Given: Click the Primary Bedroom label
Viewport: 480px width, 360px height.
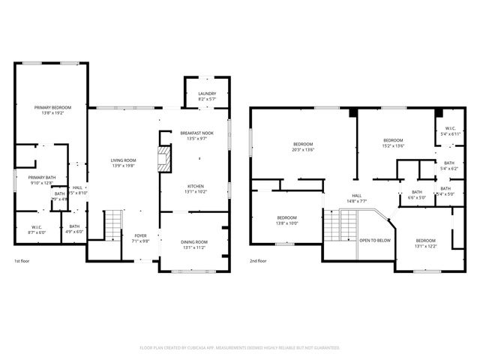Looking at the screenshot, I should click(52, 109).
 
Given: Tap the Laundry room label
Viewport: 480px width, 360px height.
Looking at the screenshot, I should click(206, 97).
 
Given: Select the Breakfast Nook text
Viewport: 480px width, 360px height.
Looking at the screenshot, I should click(196, 135).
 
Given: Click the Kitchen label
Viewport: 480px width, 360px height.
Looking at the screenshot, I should click(196, 188).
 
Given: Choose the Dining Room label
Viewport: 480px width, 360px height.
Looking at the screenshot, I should click(193, 244).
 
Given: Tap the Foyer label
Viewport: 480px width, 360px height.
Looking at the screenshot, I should click(141, 238).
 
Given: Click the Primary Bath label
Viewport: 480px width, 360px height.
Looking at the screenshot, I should click(41, 179).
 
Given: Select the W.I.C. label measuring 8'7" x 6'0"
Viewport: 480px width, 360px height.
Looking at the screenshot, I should click(37, 229).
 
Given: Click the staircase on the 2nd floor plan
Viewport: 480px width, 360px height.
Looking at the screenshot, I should click(347, 223).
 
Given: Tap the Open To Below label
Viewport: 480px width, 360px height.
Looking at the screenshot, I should click(374, 241).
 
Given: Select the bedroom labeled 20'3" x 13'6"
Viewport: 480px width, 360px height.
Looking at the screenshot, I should click(303, 146).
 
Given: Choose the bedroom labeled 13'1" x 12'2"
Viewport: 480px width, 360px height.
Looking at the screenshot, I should click(425, 243).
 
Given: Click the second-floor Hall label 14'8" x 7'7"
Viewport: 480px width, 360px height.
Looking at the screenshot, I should click(357, 198).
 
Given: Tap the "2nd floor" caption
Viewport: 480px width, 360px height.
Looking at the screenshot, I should click(259, 262).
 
